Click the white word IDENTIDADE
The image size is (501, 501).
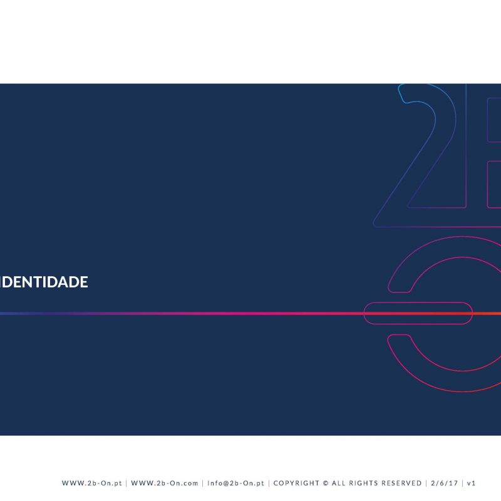[44, 282]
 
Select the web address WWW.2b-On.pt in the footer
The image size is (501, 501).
[92, 483]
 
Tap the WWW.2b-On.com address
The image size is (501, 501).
[165, 483]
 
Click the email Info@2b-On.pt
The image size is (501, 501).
[236, 483]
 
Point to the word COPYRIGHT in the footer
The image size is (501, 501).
[296, 483]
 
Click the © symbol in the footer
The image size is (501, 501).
[326, 483]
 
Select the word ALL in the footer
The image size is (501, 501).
[338, 483]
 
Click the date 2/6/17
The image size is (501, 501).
[445, 483]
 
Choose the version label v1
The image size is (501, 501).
[472, 483]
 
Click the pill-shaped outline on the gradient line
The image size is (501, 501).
[418, 302]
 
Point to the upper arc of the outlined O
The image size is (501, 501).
[462, 237]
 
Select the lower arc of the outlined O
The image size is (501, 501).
[462, 391]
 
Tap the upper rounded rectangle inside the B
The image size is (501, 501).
[488, 120]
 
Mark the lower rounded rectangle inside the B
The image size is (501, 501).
[488, 184]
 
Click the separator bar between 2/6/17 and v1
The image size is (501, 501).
[463, 483]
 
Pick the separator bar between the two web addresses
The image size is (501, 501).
[127, 483]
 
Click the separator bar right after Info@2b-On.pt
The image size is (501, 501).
[269, 483]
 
